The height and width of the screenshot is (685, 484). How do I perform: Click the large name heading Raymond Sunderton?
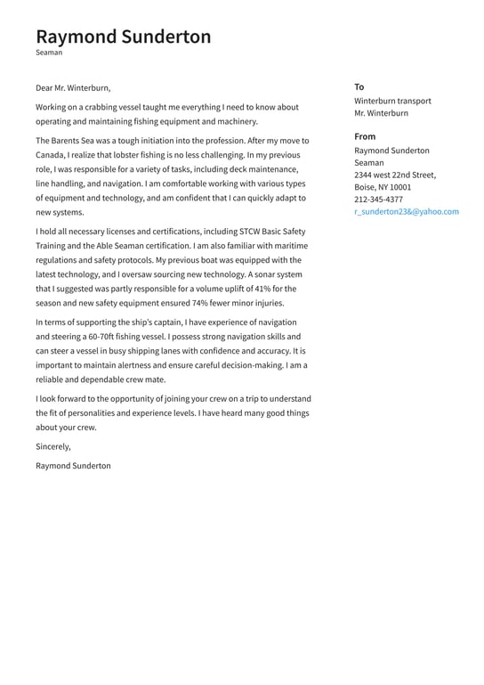[124, 37]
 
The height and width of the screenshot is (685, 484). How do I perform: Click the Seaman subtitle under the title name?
[49, 53]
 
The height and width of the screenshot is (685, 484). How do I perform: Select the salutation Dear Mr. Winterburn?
[73, 88]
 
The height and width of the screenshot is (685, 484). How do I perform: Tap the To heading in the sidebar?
[359, 87]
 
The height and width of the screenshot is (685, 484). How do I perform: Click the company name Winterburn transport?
[392, 101]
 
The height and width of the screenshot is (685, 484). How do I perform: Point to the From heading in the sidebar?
[365, 136]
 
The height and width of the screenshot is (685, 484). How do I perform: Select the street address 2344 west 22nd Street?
[395, 175]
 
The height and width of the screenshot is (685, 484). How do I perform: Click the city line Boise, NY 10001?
[383, 188]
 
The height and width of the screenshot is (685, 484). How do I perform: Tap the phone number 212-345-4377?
[378, 200]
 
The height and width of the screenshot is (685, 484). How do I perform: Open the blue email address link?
[406, 212]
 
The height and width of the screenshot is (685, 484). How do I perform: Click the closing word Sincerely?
[52, 446]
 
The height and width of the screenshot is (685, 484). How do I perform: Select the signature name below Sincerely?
[73, 466]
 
